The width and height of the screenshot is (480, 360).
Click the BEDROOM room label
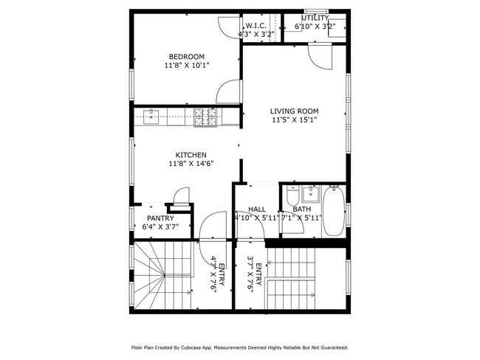186,57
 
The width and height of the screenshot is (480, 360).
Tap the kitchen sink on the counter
151,117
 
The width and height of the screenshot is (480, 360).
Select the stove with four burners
206,117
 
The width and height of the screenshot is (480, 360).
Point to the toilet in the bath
292,198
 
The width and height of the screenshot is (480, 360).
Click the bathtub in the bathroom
334,210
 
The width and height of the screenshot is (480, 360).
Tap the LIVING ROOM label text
293,111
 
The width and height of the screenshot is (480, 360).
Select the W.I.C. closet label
256,26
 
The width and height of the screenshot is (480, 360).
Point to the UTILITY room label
315,18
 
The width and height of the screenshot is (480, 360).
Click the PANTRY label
160,218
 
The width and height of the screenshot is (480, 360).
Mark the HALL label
256,210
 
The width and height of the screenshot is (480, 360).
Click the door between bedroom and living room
229,92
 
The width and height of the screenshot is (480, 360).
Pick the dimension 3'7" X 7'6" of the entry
251,275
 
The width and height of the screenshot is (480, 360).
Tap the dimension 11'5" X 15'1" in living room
293,120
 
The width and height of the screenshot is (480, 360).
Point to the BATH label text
301,210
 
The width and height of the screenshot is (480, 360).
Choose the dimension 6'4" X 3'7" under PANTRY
160,226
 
